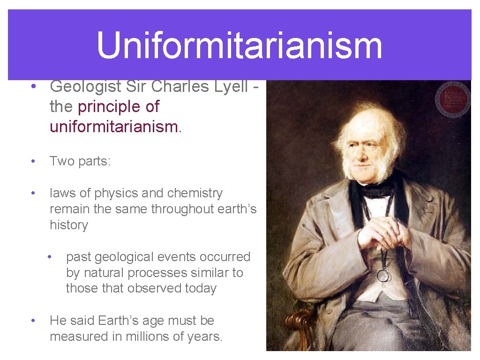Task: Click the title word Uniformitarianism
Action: click(240, 45)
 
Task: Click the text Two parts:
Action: click(80, 161)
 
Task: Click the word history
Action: click(69, 225)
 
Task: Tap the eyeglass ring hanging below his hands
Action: click(383, 275)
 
